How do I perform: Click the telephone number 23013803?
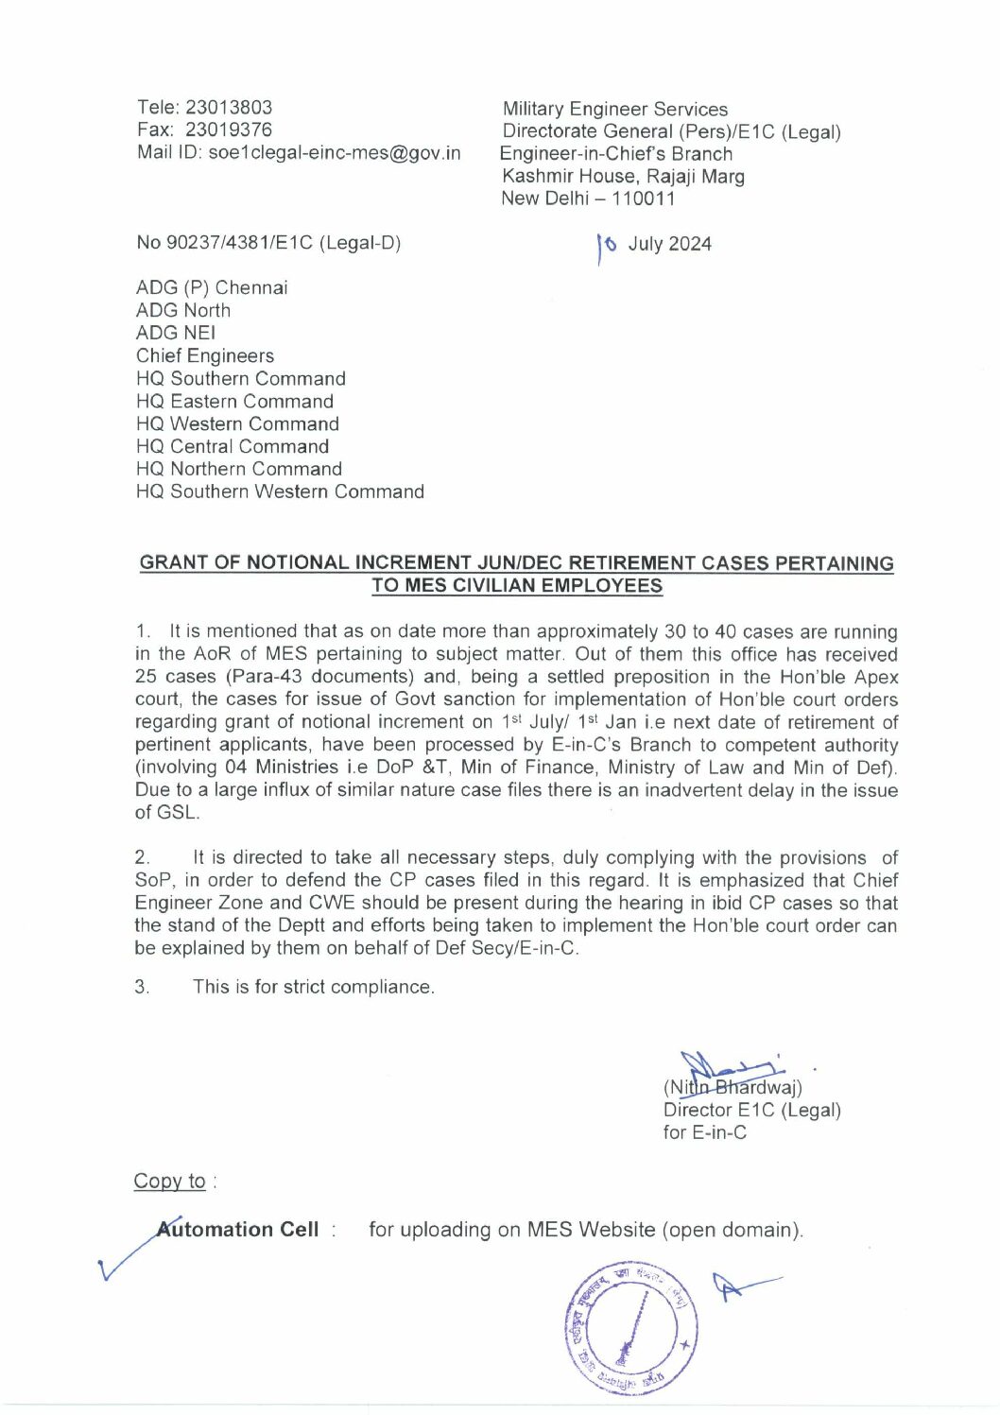(x=229, y=108)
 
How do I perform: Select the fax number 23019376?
(x=229, y=130)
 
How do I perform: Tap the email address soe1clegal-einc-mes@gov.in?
(x=335, y=153)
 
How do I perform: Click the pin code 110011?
(x=644, y=199)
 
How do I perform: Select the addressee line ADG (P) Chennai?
(x=212, y=288)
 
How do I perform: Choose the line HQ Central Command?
(x=233, y=447)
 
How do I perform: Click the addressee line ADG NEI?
(x=176, y=334)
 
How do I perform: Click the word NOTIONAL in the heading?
(x=298, y=563)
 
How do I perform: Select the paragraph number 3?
(x=142, y=988)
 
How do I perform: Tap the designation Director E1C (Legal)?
(x=752, y=1111)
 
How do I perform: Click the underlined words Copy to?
(x=170, y=1182)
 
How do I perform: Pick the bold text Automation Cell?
(x=238, y=1230)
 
